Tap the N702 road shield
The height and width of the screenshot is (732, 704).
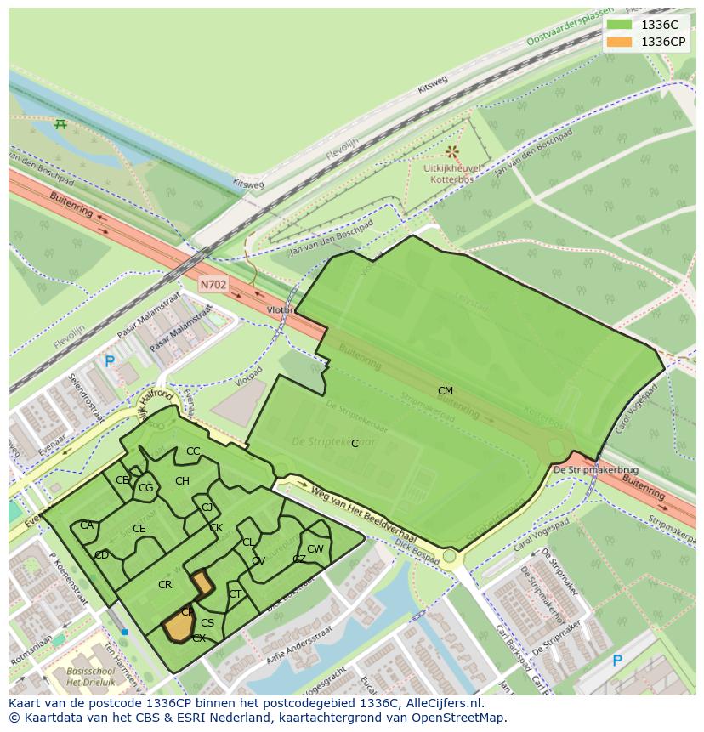[213, 285]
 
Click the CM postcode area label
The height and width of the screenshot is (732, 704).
[445, 391]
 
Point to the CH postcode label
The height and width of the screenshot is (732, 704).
[182, 481]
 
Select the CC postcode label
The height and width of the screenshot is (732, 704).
[193, 451]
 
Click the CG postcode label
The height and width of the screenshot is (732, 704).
[145, 488]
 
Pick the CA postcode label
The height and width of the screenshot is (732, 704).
[87, 525]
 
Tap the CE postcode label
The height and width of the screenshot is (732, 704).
[139, 529]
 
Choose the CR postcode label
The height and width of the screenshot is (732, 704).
[165, 585]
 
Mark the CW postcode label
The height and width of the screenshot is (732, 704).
[315, 549]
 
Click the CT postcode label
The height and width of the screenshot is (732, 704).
[235, 594]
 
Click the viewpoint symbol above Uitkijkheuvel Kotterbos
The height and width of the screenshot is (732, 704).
[452, 151]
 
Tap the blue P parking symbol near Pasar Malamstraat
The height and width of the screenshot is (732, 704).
[110, 361]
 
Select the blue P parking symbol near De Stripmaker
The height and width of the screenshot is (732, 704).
[617, 661]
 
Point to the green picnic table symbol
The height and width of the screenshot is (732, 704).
[60, 125]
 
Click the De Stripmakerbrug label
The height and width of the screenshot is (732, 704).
[583, 469]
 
